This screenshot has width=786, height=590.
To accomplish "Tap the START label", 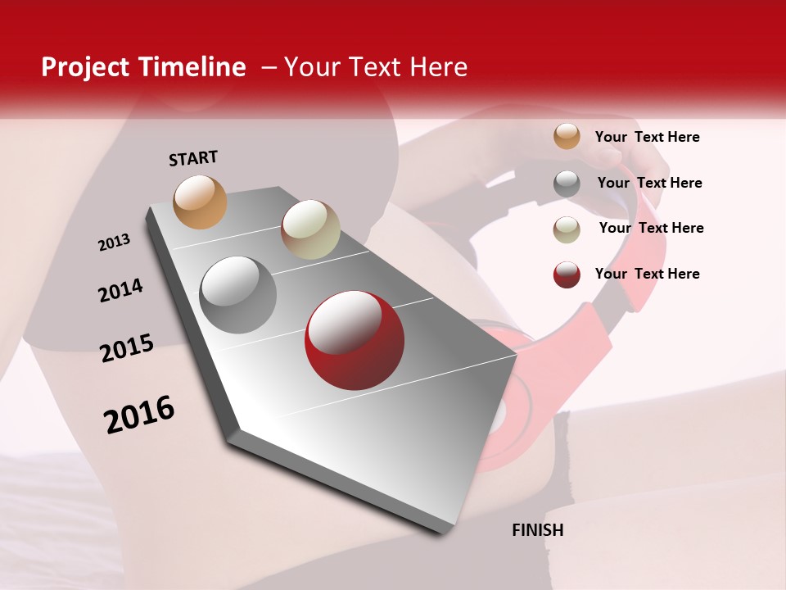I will click(x=193, y=158).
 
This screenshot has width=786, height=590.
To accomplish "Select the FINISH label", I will click(x=537, y=530).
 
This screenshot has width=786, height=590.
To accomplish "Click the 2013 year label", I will click(x=114, y=243).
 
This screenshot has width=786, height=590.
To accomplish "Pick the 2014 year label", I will click(x=120, y=291).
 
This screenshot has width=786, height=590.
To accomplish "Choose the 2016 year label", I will click(x=139, y=415).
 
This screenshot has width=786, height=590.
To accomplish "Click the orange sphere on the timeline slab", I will click(x=201, y=202).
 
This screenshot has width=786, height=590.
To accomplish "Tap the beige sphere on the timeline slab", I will click(x=310, y=229).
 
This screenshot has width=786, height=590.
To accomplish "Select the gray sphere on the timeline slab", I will click(x=238, y=295).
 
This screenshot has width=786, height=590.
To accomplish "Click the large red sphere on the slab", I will click(x=354, y=341).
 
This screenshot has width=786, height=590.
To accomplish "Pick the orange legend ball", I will click(x=567, y=137).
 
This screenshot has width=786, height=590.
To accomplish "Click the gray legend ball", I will click(x=567, y=184).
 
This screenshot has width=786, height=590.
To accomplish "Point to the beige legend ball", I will click(x=567, y=229).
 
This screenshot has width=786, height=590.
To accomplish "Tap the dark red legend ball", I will click(x=567, y=275).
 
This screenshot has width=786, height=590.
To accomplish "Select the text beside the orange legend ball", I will click(x=647, y=137).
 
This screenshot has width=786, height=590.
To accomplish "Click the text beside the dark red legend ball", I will click(x=647, y=274).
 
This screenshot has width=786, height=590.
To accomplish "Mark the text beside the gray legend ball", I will click(x=649, y=183).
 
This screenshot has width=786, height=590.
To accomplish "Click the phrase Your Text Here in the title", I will click(x=375, y=67).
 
